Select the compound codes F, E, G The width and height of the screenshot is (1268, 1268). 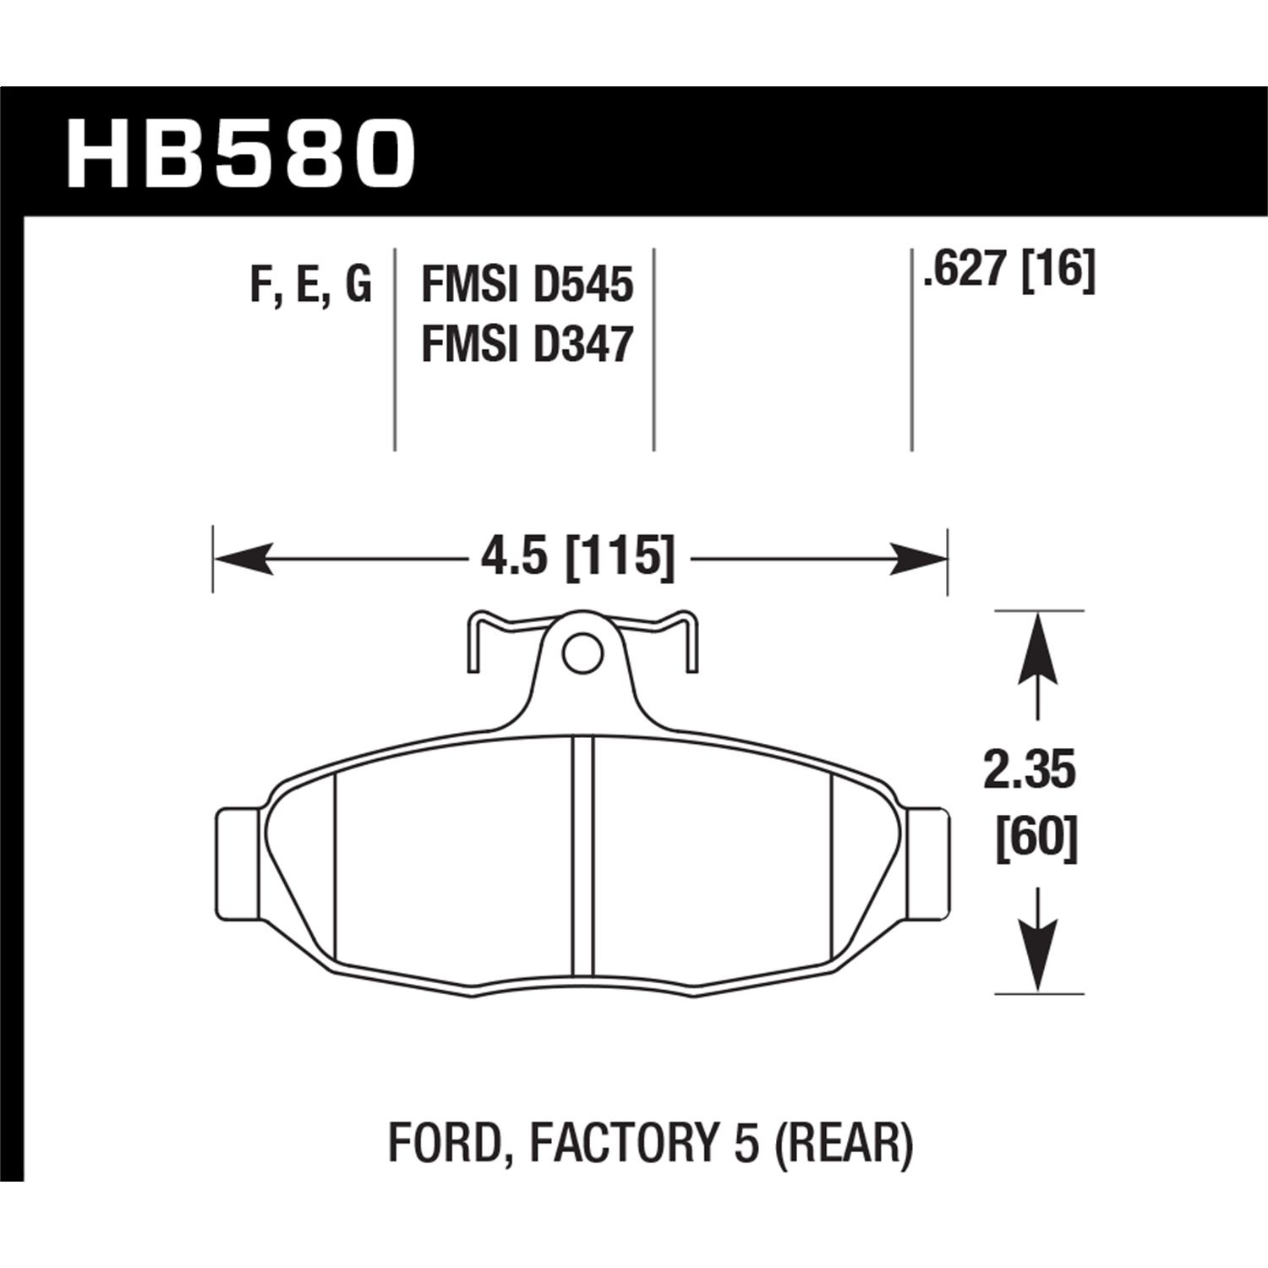tap(310, 285)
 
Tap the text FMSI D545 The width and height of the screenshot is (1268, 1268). tap(527, 285)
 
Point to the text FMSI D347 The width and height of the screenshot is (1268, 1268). tap(527, 346)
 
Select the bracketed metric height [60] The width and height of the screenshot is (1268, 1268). tap(1036, 839)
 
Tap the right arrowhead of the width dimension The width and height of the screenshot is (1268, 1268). tap(917, 559)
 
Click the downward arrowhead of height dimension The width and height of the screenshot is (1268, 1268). tap(1038, 955)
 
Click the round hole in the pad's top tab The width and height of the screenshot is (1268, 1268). tap(580, 652)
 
